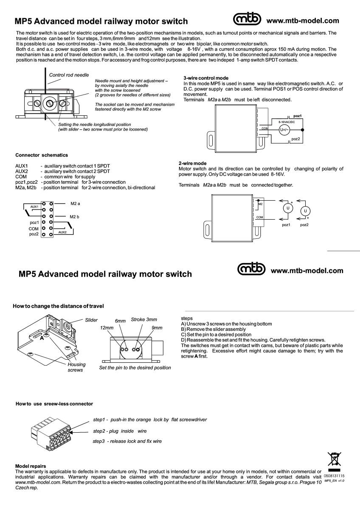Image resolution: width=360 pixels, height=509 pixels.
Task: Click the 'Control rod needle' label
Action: [x=69, y=75]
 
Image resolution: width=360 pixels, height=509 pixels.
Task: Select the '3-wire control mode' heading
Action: [x=206, y=78]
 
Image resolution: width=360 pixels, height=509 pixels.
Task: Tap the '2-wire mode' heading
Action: [x=193, y=163]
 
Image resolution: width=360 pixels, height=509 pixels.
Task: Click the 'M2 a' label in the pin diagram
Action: [x=76, y=204]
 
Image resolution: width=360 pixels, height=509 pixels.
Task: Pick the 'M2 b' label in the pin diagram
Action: [x=75, y=216]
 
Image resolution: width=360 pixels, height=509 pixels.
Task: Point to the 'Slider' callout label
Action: [x=91, y=320]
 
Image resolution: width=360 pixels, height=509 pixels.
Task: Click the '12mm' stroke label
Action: [x=107, y=328]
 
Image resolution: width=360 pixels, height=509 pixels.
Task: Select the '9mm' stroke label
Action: [x=157, y=328]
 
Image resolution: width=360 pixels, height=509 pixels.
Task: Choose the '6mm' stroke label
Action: [x=121, y=321]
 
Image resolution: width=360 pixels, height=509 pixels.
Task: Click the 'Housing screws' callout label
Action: [x=76, y=367]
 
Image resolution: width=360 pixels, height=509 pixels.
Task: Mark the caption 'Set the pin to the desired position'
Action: [x=135, y=368]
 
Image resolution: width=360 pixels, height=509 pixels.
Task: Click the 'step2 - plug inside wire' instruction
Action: [x=120, y=431]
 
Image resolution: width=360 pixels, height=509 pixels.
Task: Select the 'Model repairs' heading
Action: [x=31, y=466]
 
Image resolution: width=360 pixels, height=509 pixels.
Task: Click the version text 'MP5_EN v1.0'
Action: [x=335, y=481]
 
